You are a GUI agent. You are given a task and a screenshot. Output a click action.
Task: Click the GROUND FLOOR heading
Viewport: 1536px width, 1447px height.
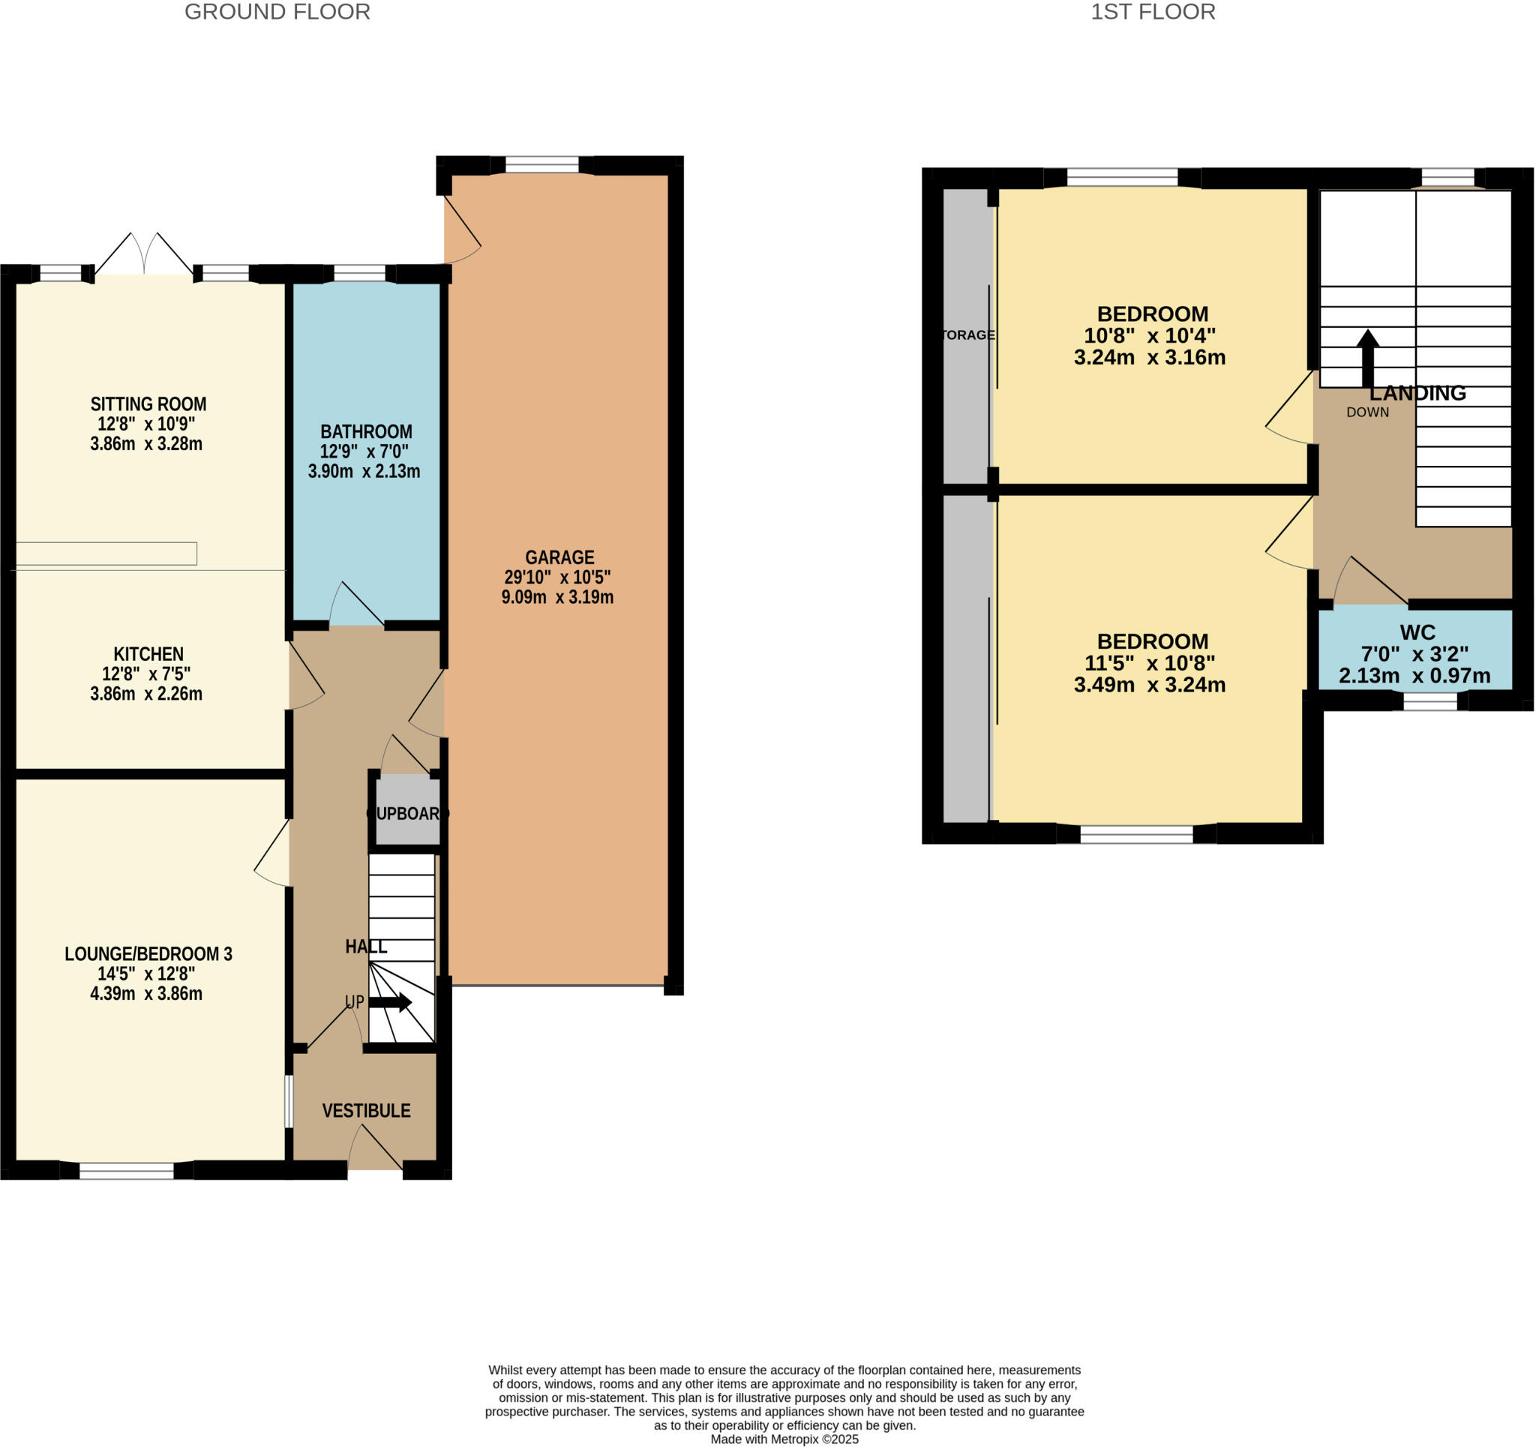(277, 12)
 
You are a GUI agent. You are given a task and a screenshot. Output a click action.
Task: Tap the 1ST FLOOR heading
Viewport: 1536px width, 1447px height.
(1153, 12)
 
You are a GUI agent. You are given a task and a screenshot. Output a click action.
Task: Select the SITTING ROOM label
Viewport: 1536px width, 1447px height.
(148, 404)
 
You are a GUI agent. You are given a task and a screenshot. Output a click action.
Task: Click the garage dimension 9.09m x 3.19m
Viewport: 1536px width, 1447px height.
(558, 598)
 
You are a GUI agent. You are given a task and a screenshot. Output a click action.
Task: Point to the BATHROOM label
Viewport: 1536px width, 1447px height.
(366, 432)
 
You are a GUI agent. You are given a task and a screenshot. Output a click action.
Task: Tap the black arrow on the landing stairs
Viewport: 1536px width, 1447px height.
(1368, 358)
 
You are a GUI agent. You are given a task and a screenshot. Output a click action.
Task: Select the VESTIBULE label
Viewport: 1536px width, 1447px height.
(366, 1111)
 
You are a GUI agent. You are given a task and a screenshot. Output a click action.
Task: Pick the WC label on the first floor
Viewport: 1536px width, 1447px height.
(1417, 633)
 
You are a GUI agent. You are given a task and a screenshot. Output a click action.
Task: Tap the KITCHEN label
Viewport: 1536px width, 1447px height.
(148, 654)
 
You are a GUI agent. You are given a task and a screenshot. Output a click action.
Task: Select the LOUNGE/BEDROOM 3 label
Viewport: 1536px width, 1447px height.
(148, 954)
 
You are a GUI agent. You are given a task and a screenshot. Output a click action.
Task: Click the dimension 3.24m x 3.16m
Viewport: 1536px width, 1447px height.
(1150, 358)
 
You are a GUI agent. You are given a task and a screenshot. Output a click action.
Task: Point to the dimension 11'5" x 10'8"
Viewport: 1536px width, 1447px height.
(1150, 663)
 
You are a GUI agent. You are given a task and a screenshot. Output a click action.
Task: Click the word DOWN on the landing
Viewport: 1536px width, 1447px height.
(1367, 413)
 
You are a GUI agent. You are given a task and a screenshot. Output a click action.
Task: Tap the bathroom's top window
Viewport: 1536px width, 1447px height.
(359, 273)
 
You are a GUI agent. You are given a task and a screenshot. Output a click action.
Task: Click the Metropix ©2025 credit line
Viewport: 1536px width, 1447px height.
(784, 1439)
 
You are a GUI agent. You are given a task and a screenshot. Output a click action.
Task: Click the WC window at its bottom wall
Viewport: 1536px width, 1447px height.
(1430, 701)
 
